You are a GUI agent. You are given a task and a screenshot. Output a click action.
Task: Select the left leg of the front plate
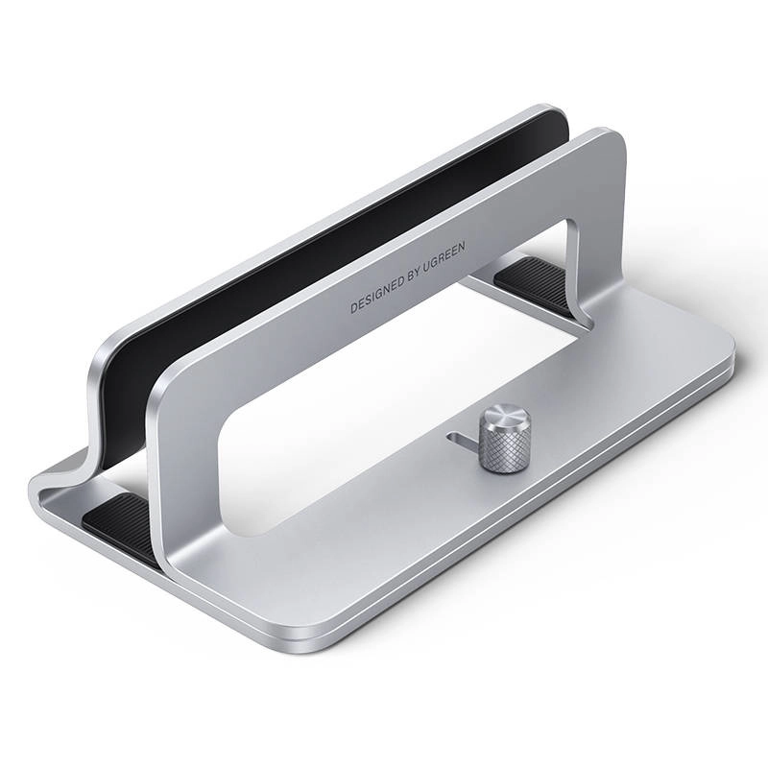click(x=182, y=480)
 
